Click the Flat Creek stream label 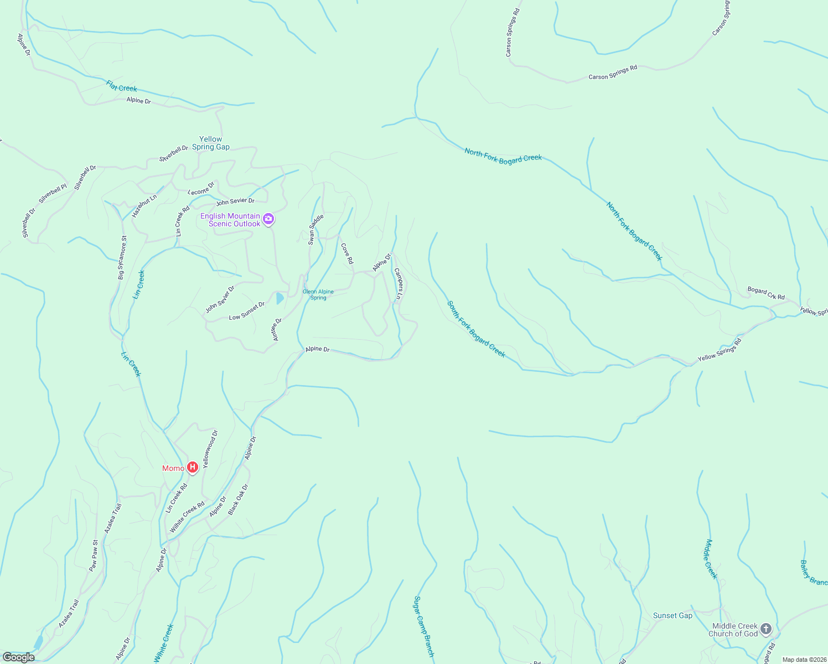(121, 87)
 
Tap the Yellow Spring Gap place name (210, 143)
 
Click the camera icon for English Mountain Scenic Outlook (269, 219)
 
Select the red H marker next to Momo (193, 468)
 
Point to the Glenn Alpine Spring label (318, 294)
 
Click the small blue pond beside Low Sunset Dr (280, 299)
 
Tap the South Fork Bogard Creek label (476, 329)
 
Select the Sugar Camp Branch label (424, 626)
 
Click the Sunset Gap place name (672, 615)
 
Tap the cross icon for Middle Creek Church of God (766, 629)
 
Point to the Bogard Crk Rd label (766, 293)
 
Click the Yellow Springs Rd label (719, 350)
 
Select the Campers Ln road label (398, 284)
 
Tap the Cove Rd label (347, 253)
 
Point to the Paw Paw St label (94, 556)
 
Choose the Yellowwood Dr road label (210, 449)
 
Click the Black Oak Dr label (239, 500)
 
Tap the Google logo (19, 657)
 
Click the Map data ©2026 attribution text (804, 660)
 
